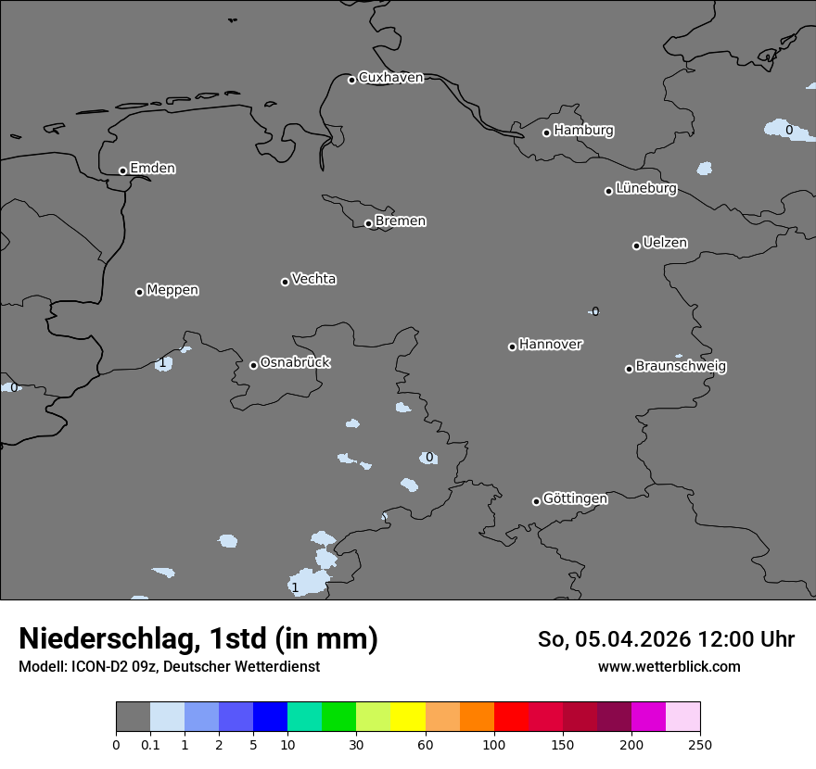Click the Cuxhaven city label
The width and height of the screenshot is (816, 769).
click(x=390, y=78)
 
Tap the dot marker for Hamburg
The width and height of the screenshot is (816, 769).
click(x=546, y=132)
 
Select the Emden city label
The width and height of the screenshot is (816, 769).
click(x=152, y=169)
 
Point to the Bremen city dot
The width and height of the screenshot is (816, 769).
click(x=368, y=223)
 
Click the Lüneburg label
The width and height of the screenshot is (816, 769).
click(x=645, y=189)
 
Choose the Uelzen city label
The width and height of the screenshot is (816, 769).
click(x=665, y=244)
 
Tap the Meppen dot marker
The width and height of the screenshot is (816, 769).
click(x=139, y=292)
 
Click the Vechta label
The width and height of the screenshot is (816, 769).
click(x=313, y=279)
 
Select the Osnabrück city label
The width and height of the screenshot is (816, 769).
click(x=295, y=363)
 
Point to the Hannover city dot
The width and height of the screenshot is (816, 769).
click(x=512, y=347)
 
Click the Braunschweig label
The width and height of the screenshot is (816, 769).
click(x=681, y=367)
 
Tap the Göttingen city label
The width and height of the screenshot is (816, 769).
click(x=575, y=499)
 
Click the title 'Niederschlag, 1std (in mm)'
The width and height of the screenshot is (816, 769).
click(x=198, y=638)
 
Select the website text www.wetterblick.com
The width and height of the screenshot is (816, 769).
click(x=669, y=666)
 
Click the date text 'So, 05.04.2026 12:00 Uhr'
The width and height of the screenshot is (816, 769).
click(x=666, y=639)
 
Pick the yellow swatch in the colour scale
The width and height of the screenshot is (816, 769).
click(x=407, y=717)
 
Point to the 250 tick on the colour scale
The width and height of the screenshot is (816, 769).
click(x=700, y=744)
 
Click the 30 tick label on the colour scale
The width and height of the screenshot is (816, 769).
click(x=356, y=744)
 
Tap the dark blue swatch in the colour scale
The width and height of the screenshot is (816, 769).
click(x=270, y=717)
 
